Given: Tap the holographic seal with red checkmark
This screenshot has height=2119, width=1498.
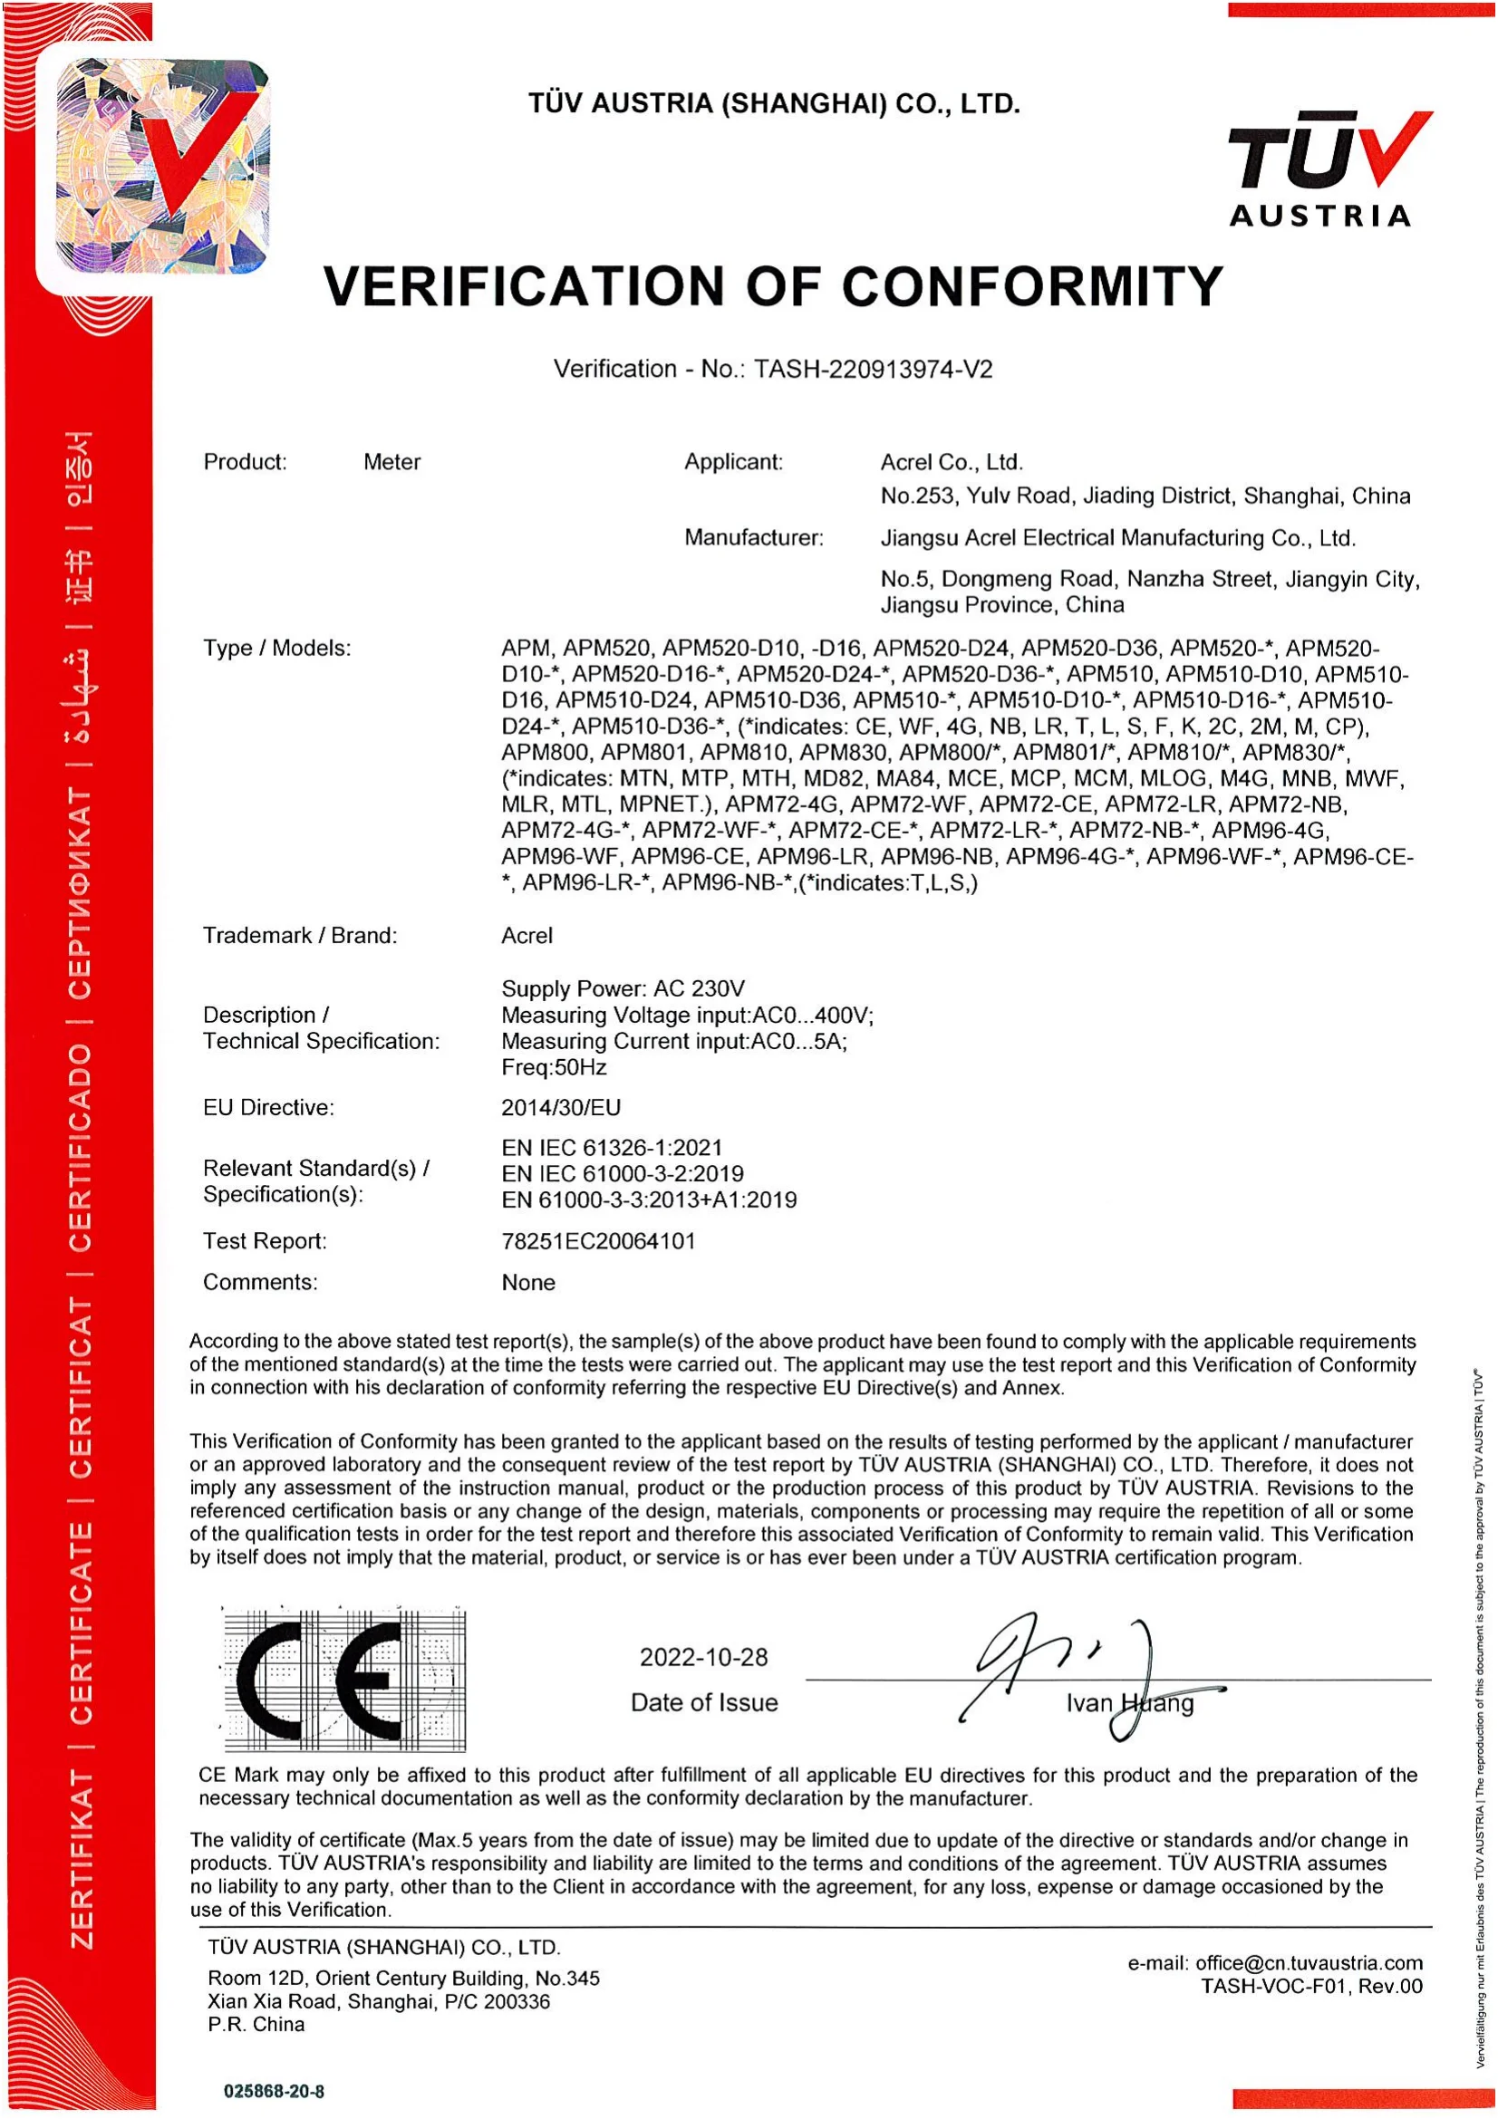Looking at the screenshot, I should coord(161,167).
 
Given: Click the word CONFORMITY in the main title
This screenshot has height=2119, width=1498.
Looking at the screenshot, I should coord(1031,286).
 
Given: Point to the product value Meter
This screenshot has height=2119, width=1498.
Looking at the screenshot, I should coord(391,461).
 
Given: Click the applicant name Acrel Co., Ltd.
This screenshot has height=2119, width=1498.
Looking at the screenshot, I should coord(952,461).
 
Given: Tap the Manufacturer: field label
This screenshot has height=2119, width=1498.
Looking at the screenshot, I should coord(753,537).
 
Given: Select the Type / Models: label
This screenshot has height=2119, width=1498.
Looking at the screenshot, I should coord(277,648).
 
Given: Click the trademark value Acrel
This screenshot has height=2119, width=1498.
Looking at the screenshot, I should coord(527,935).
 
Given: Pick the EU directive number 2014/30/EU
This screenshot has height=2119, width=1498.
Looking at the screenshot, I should coord(561,1106).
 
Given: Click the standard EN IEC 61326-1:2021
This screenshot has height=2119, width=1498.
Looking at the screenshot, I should coord(612,1147).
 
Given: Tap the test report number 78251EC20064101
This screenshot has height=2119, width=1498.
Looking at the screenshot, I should coord(598,1240).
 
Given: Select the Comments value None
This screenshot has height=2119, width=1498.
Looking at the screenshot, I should coord(528,1282).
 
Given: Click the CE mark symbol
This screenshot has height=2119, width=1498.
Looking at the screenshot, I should coord(344,1680).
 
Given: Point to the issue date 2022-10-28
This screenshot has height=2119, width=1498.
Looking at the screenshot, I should coord(703,1657).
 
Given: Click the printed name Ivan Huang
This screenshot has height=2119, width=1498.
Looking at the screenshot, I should coord(1130,1703).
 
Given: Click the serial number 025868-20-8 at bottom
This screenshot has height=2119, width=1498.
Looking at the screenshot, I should coord(273,2090).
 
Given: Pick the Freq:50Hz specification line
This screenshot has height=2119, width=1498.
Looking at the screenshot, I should coord(554,1067).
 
